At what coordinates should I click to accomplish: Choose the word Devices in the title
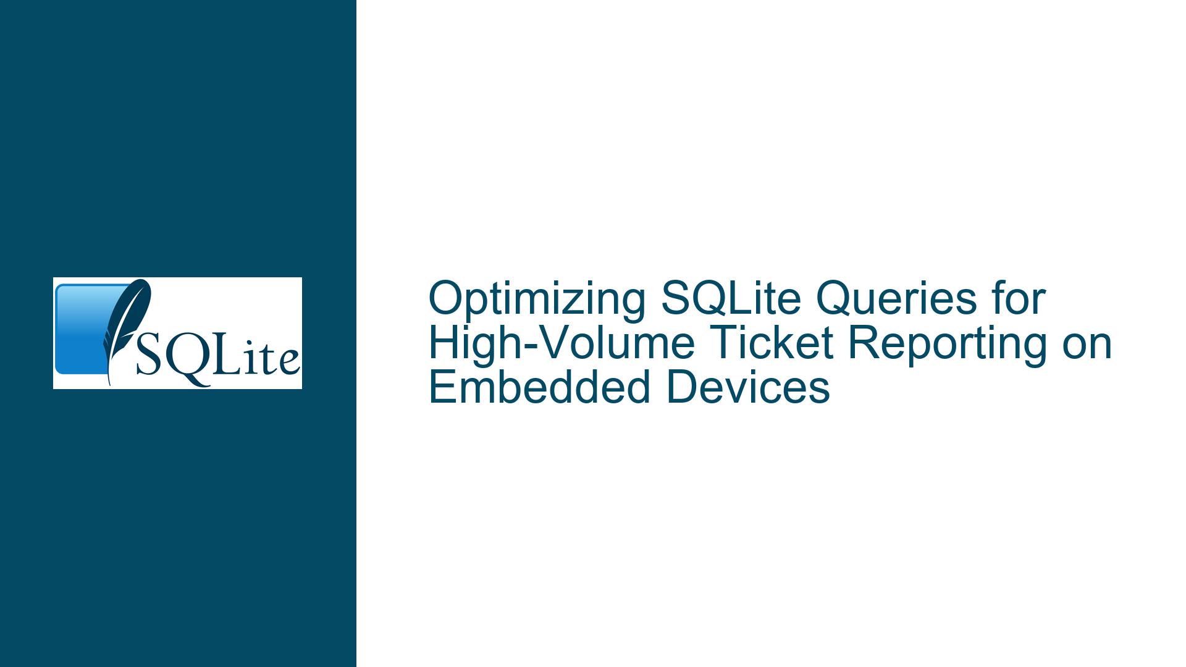(748, 388)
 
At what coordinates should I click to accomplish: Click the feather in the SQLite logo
(127, 330)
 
